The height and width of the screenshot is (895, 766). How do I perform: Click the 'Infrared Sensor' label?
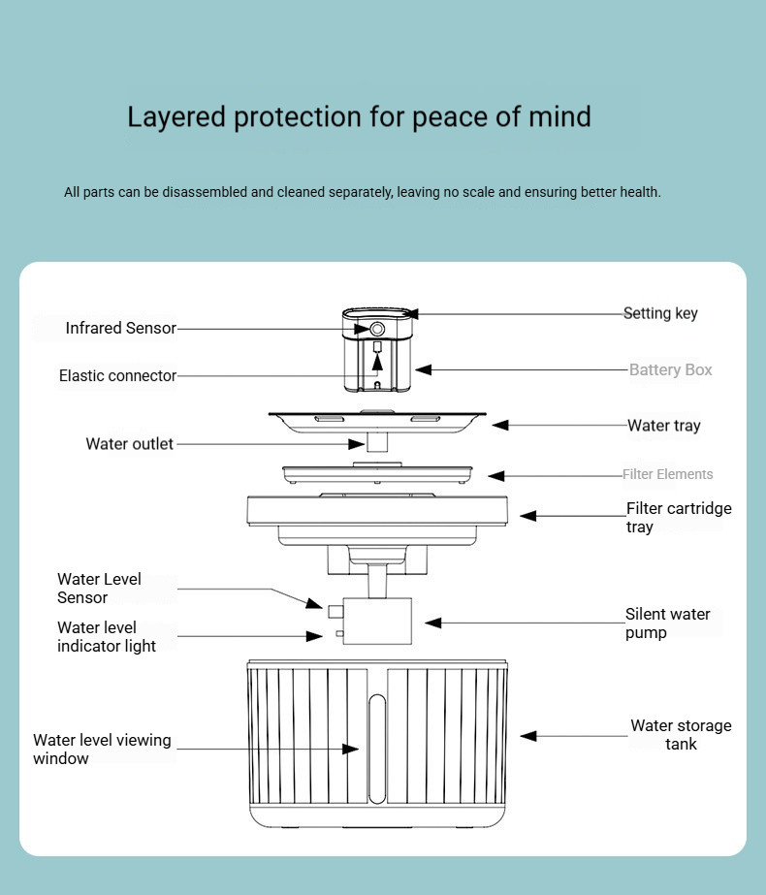[120, 328]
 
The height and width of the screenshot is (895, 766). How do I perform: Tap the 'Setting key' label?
[660, 313]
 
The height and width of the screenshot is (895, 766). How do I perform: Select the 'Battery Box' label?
[670, 369]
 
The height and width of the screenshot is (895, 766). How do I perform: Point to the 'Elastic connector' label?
[117, 375]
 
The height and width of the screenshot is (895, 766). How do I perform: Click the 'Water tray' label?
[663, 425]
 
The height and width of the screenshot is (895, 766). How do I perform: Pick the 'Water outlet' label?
[129, 444]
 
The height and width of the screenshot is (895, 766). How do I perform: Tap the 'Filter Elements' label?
[667, 474]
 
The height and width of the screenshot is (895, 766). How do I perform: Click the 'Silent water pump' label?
[667, 623]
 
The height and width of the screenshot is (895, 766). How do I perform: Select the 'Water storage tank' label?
[681, 735]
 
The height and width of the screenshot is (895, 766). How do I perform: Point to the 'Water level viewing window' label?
[102, 749]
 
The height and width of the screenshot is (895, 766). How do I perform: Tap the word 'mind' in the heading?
[559, 117]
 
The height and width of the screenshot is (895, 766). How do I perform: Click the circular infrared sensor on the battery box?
[377, 330]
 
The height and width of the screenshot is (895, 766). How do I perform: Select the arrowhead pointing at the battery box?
[423, 369]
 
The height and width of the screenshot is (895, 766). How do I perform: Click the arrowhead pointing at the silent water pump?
[432, 623]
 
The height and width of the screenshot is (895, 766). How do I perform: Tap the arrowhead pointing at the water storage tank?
[527, 736]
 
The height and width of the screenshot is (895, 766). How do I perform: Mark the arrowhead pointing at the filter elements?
[495, 475]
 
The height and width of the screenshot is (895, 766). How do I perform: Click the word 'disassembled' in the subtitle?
[205, 192]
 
